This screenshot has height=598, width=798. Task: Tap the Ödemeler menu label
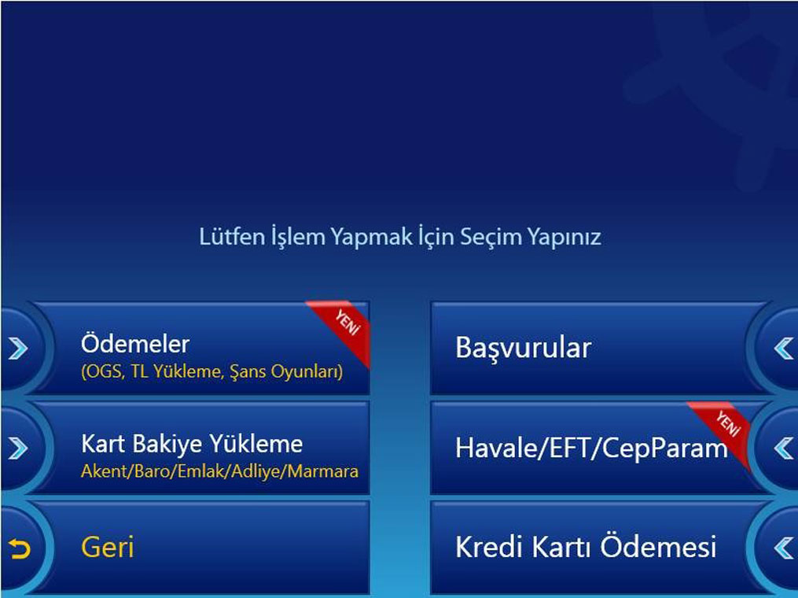tap(135, 343)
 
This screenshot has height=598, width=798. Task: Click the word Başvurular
tap(523, 347)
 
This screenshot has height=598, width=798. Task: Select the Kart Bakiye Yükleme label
tap(192, 444)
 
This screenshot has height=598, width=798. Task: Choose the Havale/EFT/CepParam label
tap(591, 448)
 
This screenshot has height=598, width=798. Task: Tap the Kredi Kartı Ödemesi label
tap(586, 547)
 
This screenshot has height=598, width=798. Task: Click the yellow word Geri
tap(108, 547)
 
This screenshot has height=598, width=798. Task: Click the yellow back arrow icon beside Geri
tap(20, 549)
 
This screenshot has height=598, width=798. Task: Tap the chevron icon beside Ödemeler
tap(18, 349)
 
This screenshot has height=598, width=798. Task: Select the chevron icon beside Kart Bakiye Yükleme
tap(18, 448)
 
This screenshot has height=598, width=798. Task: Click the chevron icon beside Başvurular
tap(783, 349)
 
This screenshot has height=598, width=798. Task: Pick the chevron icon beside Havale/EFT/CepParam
tap(783, 448)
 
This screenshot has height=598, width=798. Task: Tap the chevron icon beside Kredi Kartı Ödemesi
tap(783, 548)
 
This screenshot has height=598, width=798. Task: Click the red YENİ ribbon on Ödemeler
tap(344, 325)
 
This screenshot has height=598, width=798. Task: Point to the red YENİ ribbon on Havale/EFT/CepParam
tap(725, 426)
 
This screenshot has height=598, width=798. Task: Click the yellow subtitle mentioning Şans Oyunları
tap(211, 371)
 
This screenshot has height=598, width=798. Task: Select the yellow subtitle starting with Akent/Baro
tap(219, 471)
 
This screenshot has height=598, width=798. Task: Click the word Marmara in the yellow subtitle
tap(323, 471)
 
